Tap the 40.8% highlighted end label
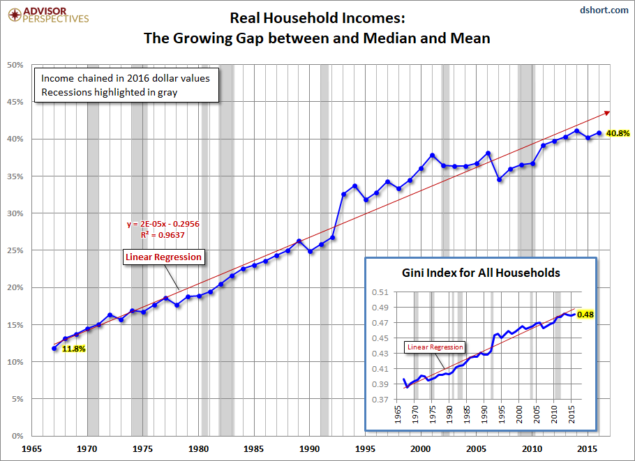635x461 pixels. point(619,133)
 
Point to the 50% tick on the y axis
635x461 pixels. point(16,65)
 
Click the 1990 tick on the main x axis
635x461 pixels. point(310,451)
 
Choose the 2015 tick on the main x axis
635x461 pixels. point(588,451)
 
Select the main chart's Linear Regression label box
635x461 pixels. point(163,257)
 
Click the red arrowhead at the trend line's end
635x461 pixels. point(608,112)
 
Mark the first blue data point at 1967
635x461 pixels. point(54,348)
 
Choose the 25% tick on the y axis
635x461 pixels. point(16,250)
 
